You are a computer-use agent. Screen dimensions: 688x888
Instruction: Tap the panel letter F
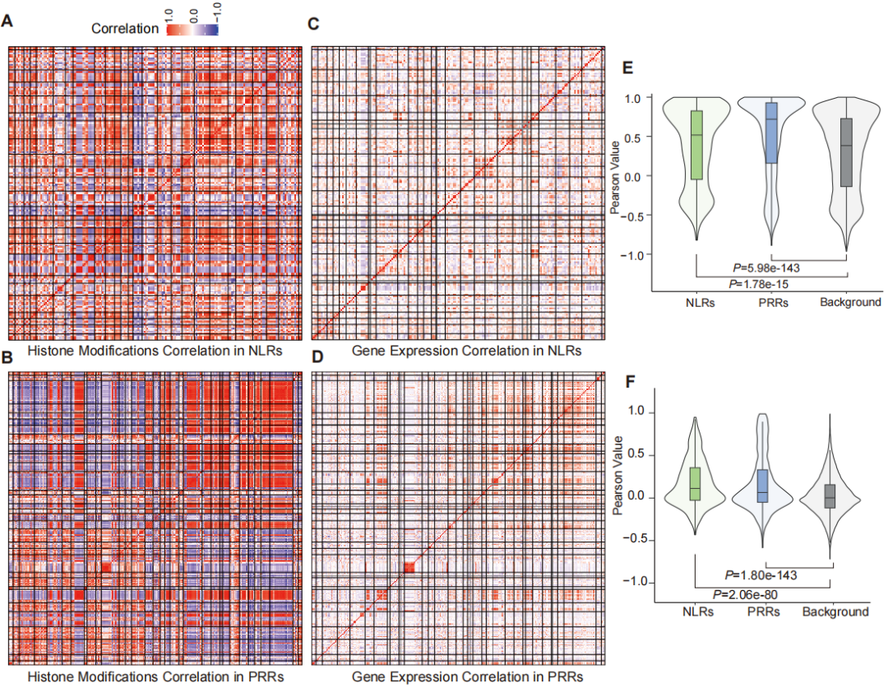click(629, 381)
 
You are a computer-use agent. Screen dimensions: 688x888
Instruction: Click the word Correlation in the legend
click(126, 28)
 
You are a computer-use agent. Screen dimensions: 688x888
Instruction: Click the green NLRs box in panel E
click(696, 145)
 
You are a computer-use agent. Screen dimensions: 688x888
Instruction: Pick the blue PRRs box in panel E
click(770, 132)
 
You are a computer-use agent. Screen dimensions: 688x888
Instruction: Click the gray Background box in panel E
click(846, 152)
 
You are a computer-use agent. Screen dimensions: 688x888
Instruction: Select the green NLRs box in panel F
click(695, 484)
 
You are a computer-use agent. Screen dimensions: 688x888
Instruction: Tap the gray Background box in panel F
click(829, 495)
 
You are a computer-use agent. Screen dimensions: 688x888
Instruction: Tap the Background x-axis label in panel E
click(850, 302)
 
